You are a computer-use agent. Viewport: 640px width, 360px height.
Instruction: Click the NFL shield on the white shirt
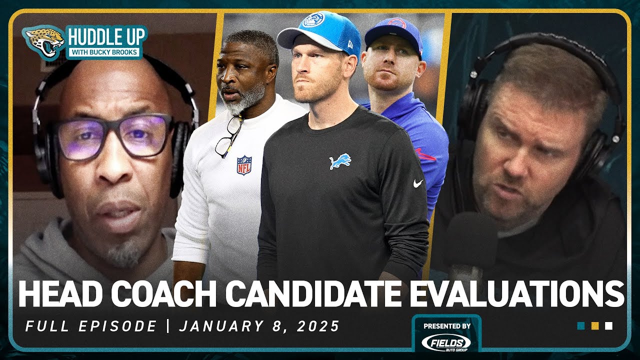click(x=244, y=165)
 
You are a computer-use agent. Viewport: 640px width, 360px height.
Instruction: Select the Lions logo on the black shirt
click(x=340, y=161)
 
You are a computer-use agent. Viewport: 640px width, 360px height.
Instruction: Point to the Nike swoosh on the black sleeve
click(x=418, y=183)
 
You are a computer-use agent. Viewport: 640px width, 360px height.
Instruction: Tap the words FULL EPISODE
click(x=91, y=326)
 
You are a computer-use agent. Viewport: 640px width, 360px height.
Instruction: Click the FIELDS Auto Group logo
click(x=446, y=342)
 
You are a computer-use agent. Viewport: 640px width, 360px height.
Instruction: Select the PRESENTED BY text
click(x=446, y=325)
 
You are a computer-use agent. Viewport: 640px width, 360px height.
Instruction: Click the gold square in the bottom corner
click(x=595, y=326)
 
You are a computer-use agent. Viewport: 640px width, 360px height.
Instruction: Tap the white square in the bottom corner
click(x=608, y=326)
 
